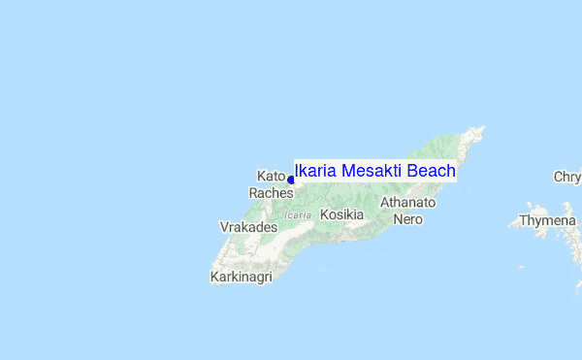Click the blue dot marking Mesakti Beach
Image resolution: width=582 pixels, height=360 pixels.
click(291, 180)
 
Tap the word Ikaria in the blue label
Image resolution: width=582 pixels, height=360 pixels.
click(315, 172)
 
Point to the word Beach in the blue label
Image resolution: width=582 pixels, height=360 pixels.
click(431, 172)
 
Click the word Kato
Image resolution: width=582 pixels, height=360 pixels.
click(271, 176)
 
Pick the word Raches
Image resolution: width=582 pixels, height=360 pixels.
click(270, 193)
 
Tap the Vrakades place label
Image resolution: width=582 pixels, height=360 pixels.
click(248, 227)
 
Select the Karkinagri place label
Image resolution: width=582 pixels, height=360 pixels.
click(241, 278)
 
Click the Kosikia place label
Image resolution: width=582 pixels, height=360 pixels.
click(341, 214)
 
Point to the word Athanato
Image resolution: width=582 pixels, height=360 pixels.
click(408, 203)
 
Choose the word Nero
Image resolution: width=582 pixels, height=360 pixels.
click(407, 219)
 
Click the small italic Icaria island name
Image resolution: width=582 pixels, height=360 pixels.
click(298, 214)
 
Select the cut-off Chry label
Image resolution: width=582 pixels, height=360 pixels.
click(567, 178)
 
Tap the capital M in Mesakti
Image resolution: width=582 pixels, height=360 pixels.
click(348, 172)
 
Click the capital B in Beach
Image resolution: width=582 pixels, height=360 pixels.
click(412, 172)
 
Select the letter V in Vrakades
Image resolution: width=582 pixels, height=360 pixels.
click(225, 227)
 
